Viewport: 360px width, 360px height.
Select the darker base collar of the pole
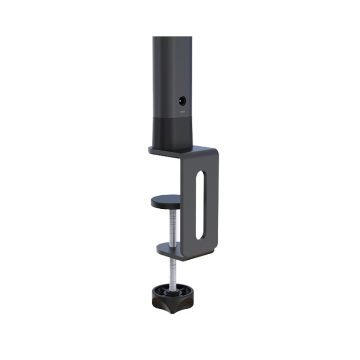click(x=172, y=133)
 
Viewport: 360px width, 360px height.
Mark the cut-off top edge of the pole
click(x=172, y=37)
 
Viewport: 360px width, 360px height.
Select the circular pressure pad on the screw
click(x=166, y=202)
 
